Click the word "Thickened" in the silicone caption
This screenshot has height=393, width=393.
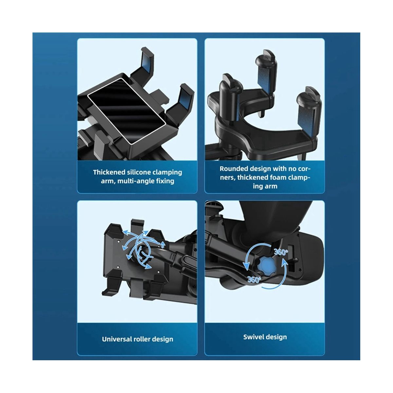click(109, 172)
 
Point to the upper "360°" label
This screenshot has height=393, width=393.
click(281, 252)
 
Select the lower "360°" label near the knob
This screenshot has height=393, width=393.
click(254, 279)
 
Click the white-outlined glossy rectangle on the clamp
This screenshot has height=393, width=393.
click(127, 111)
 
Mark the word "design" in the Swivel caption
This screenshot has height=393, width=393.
click(276, 337)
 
